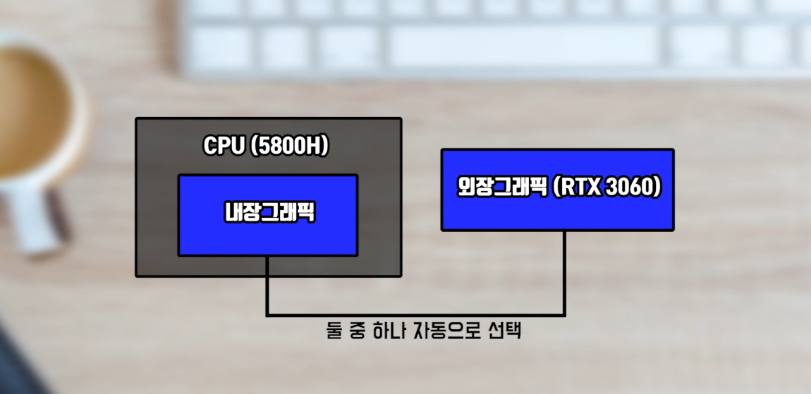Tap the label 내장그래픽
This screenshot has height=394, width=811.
(267, 214)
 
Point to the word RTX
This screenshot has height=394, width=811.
(578, 188)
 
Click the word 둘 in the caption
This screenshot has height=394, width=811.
(334, 331)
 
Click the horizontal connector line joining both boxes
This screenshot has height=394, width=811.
(416, 315)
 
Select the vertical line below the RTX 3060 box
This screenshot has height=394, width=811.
(564, 271)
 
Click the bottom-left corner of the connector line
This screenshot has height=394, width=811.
(267, 315)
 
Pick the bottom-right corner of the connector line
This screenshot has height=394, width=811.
(564, 315)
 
